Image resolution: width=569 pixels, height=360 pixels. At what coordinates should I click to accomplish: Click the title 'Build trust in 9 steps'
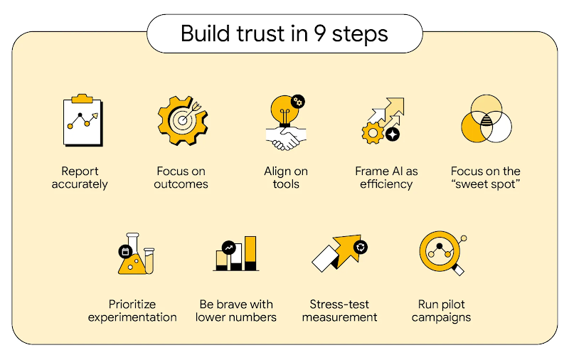point(284,33)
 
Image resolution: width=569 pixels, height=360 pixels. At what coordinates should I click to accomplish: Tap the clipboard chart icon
point(80,120)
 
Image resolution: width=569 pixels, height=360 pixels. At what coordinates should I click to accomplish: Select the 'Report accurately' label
point(80,178)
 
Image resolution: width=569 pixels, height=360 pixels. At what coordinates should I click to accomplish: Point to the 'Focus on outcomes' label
point(182,178)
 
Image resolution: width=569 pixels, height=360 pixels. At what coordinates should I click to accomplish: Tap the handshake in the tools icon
point(284,138)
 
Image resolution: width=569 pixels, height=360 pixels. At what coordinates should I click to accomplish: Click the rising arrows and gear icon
point(383,120)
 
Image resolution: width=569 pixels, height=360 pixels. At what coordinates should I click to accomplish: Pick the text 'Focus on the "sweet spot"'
point(486,178)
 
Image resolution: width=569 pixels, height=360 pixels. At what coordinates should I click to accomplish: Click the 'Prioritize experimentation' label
point(132,311)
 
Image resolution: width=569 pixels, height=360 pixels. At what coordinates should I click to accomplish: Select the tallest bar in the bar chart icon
point(250,253)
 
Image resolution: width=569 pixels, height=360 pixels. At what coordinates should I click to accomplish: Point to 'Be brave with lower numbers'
point(235,311)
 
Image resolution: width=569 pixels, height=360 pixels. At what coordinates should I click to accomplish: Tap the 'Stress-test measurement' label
point(339,311)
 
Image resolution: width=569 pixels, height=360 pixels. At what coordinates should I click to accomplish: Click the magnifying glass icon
point(441,254)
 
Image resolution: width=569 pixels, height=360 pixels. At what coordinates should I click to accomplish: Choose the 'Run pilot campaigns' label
point(441,311)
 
